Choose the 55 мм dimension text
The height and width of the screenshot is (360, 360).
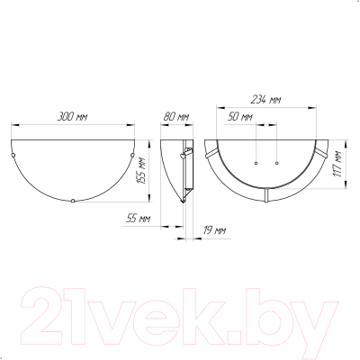[x=137, y=219]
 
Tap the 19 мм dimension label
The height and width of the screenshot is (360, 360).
[x=214, y=230]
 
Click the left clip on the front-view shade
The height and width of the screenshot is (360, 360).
[x=14, y=156]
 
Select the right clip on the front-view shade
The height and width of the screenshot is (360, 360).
[x=130, y=156]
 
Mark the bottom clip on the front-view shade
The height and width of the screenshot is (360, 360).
[x=72, y=202]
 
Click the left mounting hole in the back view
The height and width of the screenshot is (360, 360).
[x=256, y=163]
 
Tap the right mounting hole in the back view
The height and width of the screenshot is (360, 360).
[x=275, y=163]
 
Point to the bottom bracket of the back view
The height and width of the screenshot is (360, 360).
[x=266, y=193]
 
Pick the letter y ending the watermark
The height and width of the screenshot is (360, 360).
[x=319, y=319]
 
